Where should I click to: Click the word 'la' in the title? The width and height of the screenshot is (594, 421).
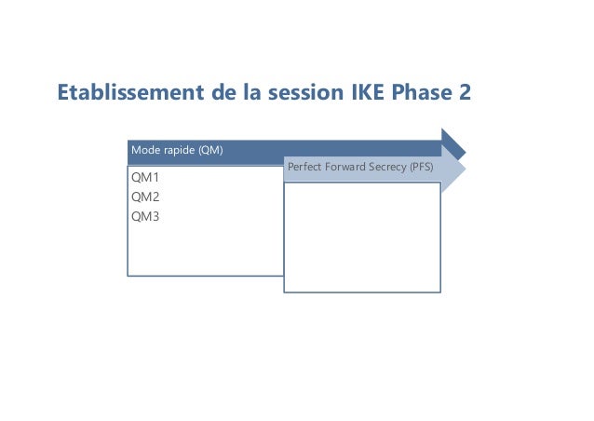242,94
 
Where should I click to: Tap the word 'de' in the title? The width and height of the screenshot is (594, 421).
213,94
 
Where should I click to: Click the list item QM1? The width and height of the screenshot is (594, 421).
145,177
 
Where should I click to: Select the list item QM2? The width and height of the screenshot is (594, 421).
145,197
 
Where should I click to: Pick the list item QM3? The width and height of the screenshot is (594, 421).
145,216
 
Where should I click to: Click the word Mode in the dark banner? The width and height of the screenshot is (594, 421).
144,150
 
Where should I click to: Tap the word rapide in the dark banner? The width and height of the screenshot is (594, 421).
176,150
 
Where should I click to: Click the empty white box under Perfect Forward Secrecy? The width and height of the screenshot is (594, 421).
361,238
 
